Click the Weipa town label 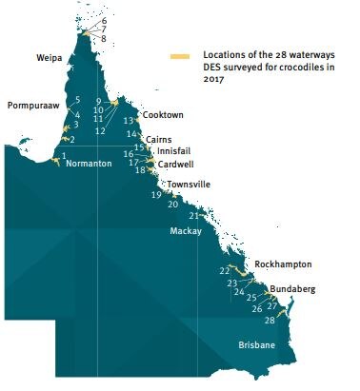tap(49, 58)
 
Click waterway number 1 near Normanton tap(64, 154)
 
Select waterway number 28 tap(270, 321)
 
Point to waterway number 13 tap(129, 120)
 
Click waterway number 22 tap(225, 271)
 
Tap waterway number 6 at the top tap(104, 20)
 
